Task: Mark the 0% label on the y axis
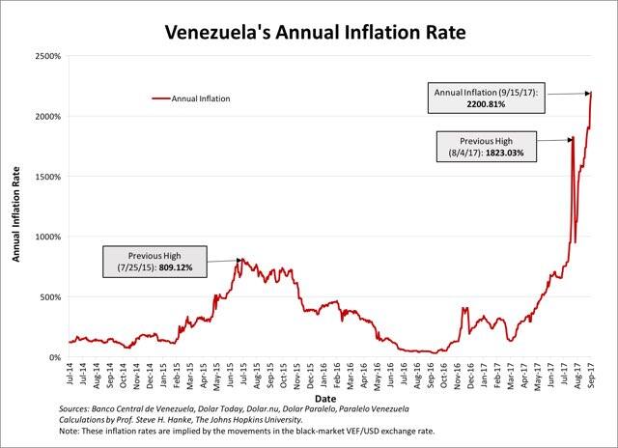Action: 55,357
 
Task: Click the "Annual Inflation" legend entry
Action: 201,98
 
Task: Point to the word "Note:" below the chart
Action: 70,433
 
